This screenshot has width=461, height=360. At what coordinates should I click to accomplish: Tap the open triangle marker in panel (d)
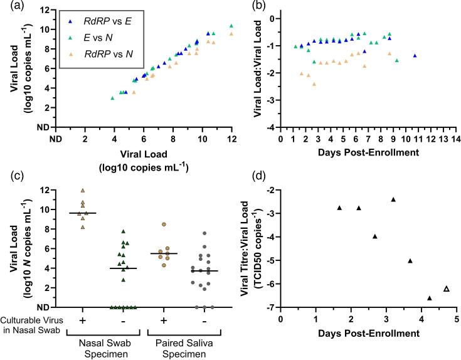(429, 289)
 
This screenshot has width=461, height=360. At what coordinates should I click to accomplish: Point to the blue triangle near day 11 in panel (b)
(415, 56)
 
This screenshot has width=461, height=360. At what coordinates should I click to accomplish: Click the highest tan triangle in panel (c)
(82, 191)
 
